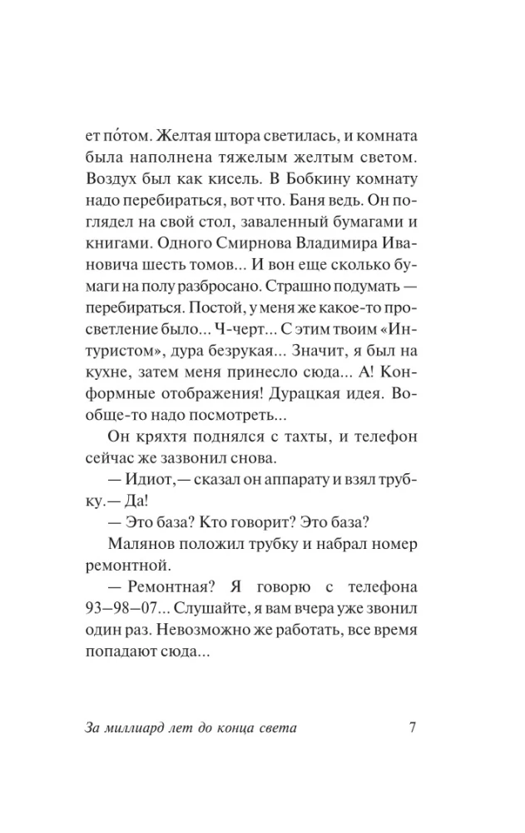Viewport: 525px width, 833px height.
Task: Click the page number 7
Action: (x=414, y=726)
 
